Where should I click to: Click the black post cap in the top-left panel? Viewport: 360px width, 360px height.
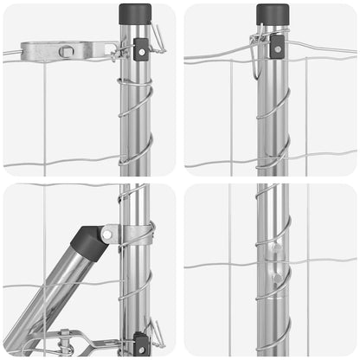(x=135, y=15)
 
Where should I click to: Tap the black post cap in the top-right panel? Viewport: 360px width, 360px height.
(x=273, y=14)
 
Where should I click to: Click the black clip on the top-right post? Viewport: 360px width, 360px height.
(x=277, y=46)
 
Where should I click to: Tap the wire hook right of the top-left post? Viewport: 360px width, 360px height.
(x=157, y=39)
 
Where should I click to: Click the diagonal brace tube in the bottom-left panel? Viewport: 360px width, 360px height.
(x=48, y=294)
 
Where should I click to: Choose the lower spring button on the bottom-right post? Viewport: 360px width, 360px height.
(x=275, y=279)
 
